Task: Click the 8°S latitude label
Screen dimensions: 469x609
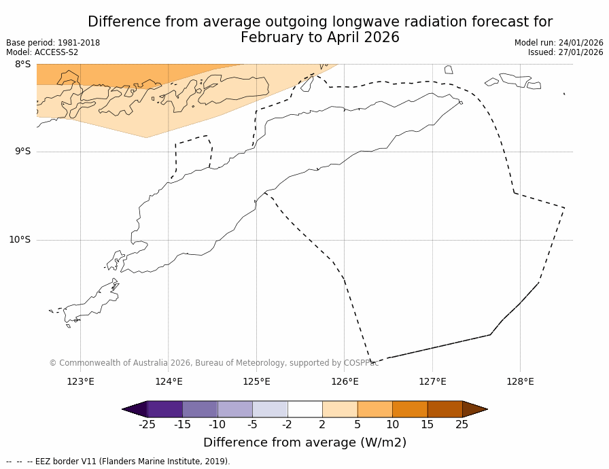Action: click(22, 64)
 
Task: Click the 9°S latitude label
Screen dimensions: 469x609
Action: click(22, 152)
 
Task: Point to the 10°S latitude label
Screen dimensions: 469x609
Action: click(20, 239)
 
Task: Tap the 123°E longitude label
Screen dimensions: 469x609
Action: click(80, 381)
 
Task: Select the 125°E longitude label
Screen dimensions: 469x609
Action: click(256, 381)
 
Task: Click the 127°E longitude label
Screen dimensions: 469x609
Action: click(432, 381)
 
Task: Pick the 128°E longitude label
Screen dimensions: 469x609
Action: click(520, 381)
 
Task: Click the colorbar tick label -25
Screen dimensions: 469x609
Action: click(147, 425)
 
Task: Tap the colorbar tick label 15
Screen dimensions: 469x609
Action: click(427, 425)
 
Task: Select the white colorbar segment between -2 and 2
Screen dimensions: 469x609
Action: click(304, 409)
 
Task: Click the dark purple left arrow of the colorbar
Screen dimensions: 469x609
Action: click(135, 409)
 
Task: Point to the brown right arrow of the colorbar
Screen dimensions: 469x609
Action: click(474, 409)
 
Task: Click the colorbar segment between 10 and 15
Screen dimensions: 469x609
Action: click(410, 409)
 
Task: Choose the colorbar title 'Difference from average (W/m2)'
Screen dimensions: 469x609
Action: click(304, 442)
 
